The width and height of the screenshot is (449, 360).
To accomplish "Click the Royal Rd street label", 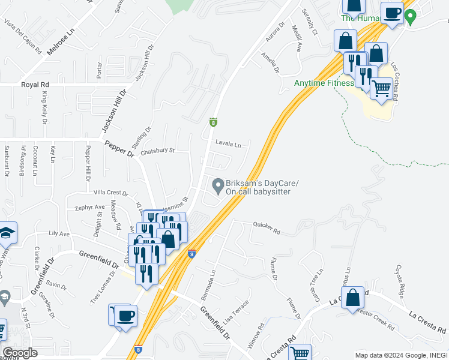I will [x=35, y=85].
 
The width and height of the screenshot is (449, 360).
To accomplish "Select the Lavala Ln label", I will [x=228, y=144].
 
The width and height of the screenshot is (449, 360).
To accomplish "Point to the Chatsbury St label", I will [x=157, y=151].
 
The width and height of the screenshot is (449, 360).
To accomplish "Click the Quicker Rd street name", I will [x=267, y=228].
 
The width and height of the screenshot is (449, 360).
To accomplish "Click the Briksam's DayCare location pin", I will [x=218, y=184].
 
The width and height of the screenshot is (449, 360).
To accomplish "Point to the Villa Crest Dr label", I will [x=111, y=193].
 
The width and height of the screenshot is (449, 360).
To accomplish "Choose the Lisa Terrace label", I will [x=235, y=313].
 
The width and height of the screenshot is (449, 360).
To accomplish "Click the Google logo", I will [x=20, y=353].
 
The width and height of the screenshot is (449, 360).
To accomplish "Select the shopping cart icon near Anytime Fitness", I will [x=381, y=89].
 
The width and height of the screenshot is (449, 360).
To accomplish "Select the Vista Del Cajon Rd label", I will [x=22, y=37].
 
